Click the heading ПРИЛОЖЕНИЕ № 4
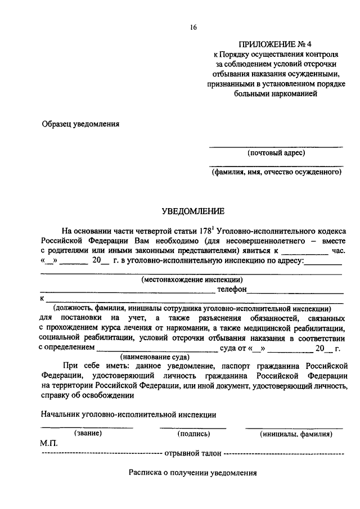click(x=275, y=44)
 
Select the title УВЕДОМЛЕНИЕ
click(x=193, y=211)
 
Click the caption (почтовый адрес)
click(x=276, y=153)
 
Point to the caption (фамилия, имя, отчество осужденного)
click(x=277, y=173)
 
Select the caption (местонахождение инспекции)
click(x=192, y=279)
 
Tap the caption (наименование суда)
click(x=155, y=357)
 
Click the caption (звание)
click(x=87, y=434)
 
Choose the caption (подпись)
click(x=193, y=434)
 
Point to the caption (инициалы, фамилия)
click(x=296, y=434)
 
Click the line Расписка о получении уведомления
click(x=192, y=473)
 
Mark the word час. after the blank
click(x=339, y=251)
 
